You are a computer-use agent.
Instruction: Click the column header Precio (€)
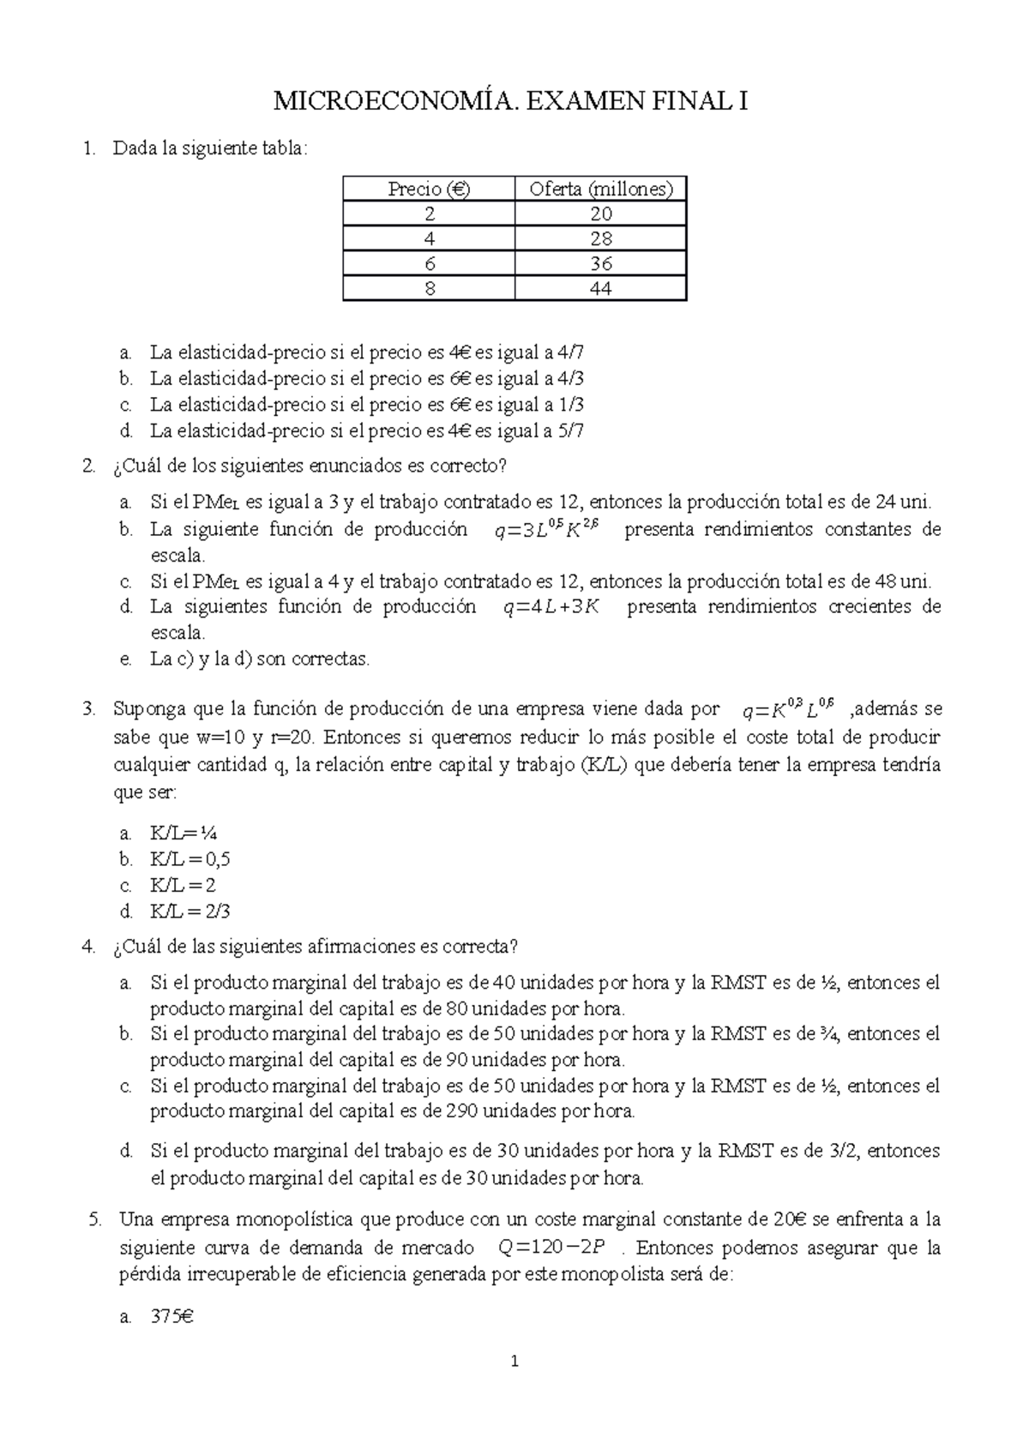coord(429,190)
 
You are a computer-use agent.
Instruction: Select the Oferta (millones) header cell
coord(600,190)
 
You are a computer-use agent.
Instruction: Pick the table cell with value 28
coord(600,239)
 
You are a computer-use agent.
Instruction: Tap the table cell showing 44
coord(600,289)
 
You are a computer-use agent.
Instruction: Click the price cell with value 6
coord(429,264)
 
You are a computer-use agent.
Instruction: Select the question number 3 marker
coord(87,709)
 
